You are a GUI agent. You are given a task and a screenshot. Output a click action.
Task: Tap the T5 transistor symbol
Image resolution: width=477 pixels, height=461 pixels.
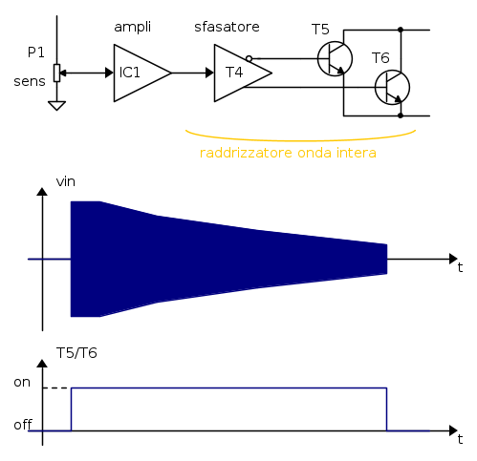pos(335,59)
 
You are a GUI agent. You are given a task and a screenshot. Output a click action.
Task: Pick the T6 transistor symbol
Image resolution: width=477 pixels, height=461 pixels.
pos(392,88)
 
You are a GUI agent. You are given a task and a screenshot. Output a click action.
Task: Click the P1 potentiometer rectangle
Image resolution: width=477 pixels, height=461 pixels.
pos(56,73)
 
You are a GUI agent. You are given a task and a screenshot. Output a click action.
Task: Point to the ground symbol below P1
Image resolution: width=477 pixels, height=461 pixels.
pos(56,106)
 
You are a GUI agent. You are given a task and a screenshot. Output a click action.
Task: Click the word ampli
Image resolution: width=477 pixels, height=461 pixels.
pos(132,28)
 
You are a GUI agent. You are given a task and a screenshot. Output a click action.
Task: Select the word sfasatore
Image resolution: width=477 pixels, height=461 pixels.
pos(227,27)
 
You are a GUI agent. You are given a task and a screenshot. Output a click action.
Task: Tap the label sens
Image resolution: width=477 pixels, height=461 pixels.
pos(30,82)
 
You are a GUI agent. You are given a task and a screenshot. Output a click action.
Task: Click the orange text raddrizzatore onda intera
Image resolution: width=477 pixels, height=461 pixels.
pos(288,153)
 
